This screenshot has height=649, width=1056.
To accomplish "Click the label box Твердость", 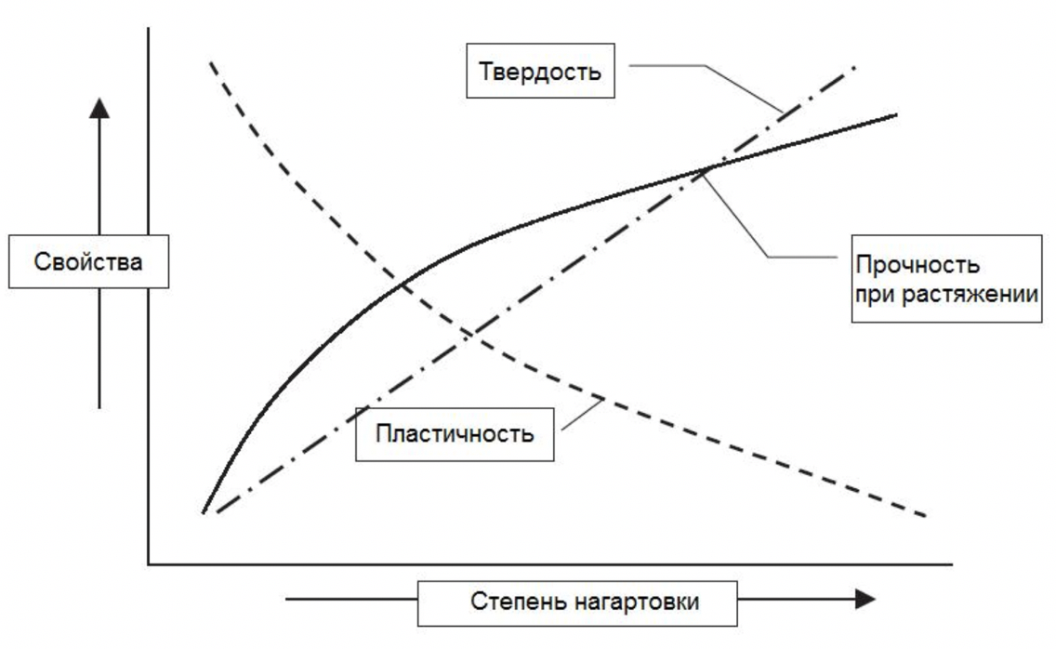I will tap(540, 71).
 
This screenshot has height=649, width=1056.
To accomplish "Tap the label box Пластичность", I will tap(455, 433).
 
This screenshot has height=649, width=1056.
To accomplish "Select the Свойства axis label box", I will tap(88, 261).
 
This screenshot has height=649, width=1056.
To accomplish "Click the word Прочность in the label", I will tap(917, 265).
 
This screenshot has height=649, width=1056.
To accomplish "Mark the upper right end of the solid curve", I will tap(896, 114).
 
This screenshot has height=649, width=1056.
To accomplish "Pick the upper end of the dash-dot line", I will tap(853, 67).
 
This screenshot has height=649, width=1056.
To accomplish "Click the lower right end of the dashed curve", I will tap(926, 515).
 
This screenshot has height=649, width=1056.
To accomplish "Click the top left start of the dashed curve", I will tap(212, 62).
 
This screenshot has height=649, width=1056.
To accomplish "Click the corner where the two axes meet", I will tap(149, 563).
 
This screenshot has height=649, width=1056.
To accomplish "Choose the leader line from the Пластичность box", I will tap(581, 414).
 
